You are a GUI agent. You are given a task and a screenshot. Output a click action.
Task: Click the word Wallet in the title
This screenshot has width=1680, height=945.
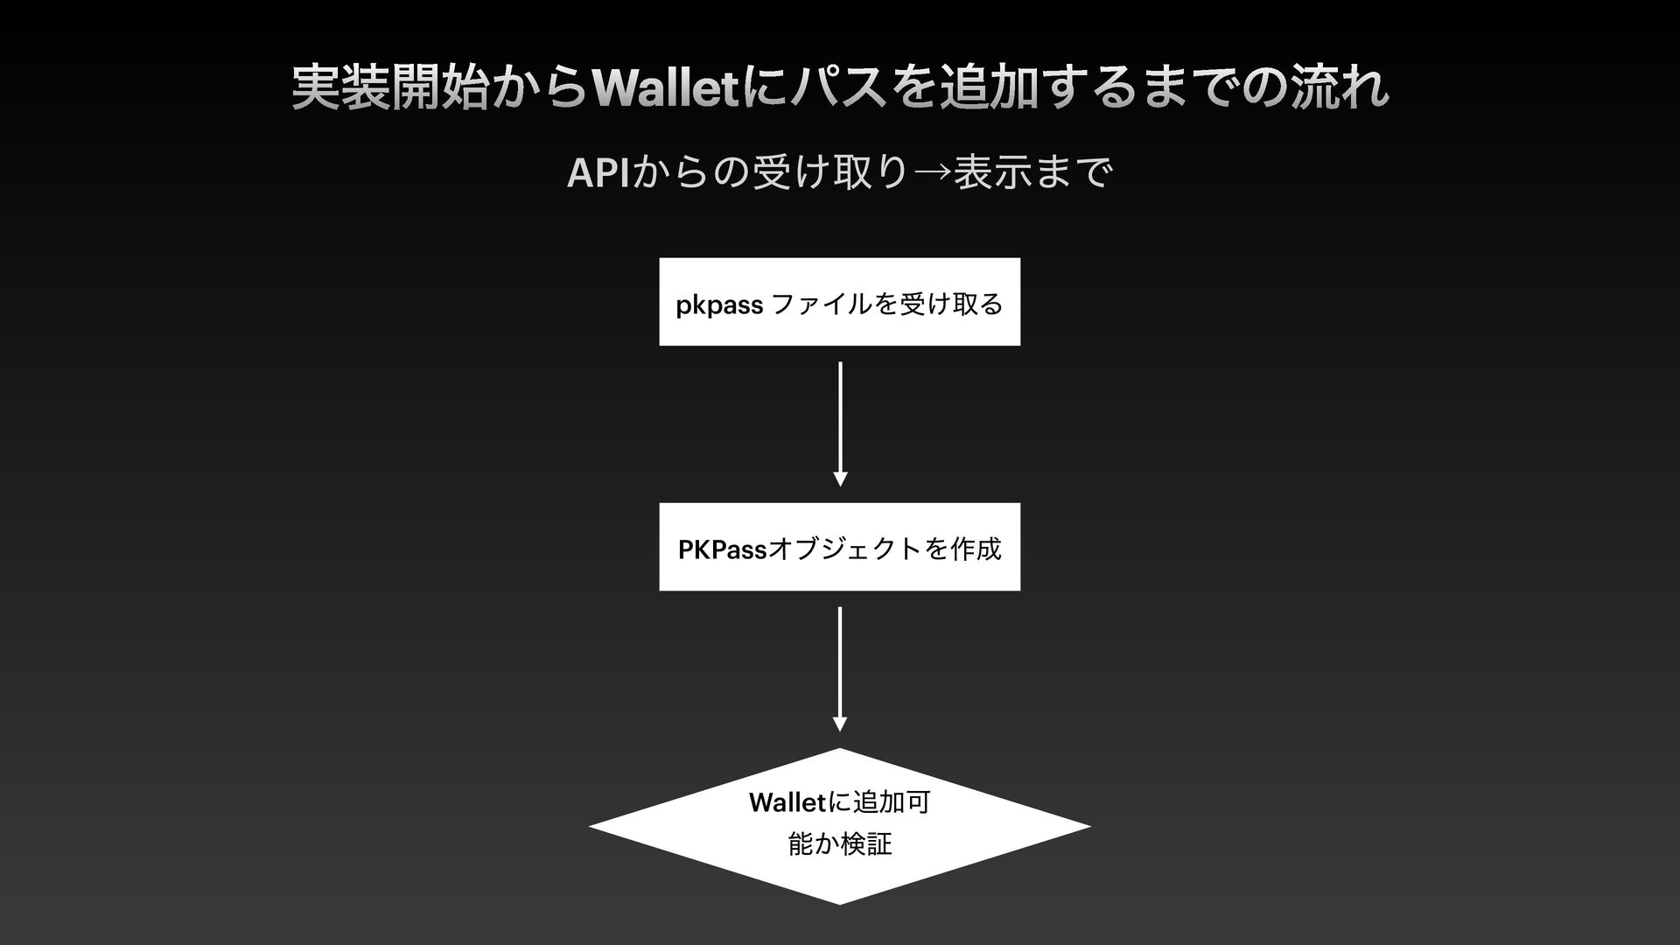(665, 88)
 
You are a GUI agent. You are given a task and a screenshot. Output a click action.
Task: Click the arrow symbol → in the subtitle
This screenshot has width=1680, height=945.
(931, 174)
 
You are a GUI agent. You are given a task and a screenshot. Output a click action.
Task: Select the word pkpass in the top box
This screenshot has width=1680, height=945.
(719, 305)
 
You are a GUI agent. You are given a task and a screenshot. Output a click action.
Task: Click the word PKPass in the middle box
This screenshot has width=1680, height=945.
(722, 549)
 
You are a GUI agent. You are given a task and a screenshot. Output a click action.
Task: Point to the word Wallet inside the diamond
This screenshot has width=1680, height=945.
(787, 802)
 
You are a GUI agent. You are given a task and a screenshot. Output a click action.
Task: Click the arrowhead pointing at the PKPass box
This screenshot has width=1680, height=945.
(840, 479)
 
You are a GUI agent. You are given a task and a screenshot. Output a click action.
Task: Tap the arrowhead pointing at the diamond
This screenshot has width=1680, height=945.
(840, 724)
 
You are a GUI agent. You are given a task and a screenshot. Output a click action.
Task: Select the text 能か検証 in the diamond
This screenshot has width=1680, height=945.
(840, 844)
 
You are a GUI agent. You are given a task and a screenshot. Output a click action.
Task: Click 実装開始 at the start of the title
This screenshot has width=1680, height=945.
(389, 88)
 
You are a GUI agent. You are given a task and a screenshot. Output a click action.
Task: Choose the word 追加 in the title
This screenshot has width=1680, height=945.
(987, 88)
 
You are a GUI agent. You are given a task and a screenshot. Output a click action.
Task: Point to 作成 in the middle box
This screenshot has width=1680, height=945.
(976, 549)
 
